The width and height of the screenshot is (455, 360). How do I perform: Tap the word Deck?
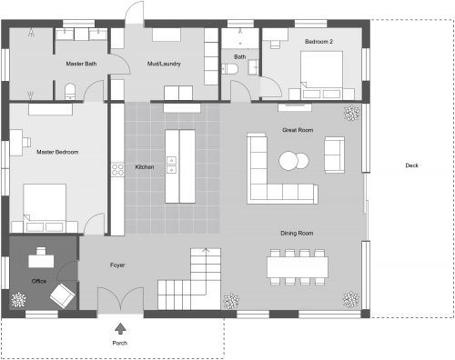point(412,165)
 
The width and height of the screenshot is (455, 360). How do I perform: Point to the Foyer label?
point(117,265)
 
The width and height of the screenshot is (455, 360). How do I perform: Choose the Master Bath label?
point(81,64)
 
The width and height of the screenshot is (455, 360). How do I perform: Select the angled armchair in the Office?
point(63,294)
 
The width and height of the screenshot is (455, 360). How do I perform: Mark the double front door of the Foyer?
point(119,301)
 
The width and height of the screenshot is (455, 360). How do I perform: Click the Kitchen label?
point(144,167)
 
